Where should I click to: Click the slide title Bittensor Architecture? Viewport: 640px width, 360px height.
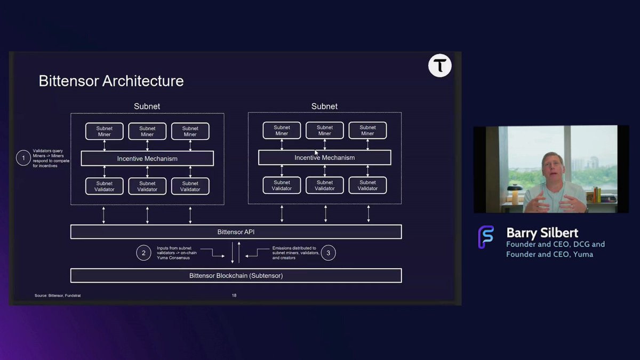click(111, 81)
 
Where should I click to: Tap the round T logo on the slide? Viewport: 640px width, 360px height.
click(440, 66)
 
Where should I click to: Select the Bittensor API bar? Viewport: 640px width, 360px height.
click(236, 232)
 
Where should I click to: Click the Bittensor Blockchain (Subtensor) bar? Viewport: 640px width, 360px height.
click(236, 275)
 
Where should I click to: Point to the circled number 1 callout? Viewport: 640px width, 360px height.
click(23, 158)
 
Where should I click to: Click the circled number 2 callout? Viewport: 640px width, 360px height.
click(143, 252)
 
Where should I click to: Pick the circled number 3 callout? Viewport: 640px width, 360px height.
click(329, 252)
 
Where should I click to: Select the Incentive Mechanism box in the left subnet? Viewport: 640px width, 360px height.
click(147, 158)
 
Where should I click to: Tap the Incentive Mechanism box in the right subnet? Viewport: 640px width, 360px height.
click(324, 157)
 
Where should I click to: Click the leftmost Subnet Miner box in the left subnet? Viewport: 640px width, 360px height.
click(105, 131)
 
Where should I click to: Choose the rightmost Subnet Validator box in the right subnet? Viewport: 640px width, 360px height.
click(367, 185)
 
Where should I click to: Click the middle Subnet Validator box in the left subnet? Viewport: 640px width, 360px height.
click(147, 186)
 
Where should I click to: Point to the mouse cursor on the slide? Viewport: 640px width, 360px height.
click(316, 153)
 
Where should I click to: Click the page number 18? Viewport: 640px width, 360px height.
click(234, 295)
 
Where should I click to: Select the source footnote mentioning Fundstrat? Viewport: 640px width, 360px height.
click(58, 295)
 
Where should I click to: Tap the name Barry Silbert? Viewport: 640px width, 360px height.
click(542, 233)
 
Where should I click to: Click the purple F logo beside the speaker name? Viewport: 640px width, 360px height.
click(485, 237)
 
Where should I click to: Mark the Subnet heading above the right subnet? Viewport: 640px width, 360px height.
click(324, 107)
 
